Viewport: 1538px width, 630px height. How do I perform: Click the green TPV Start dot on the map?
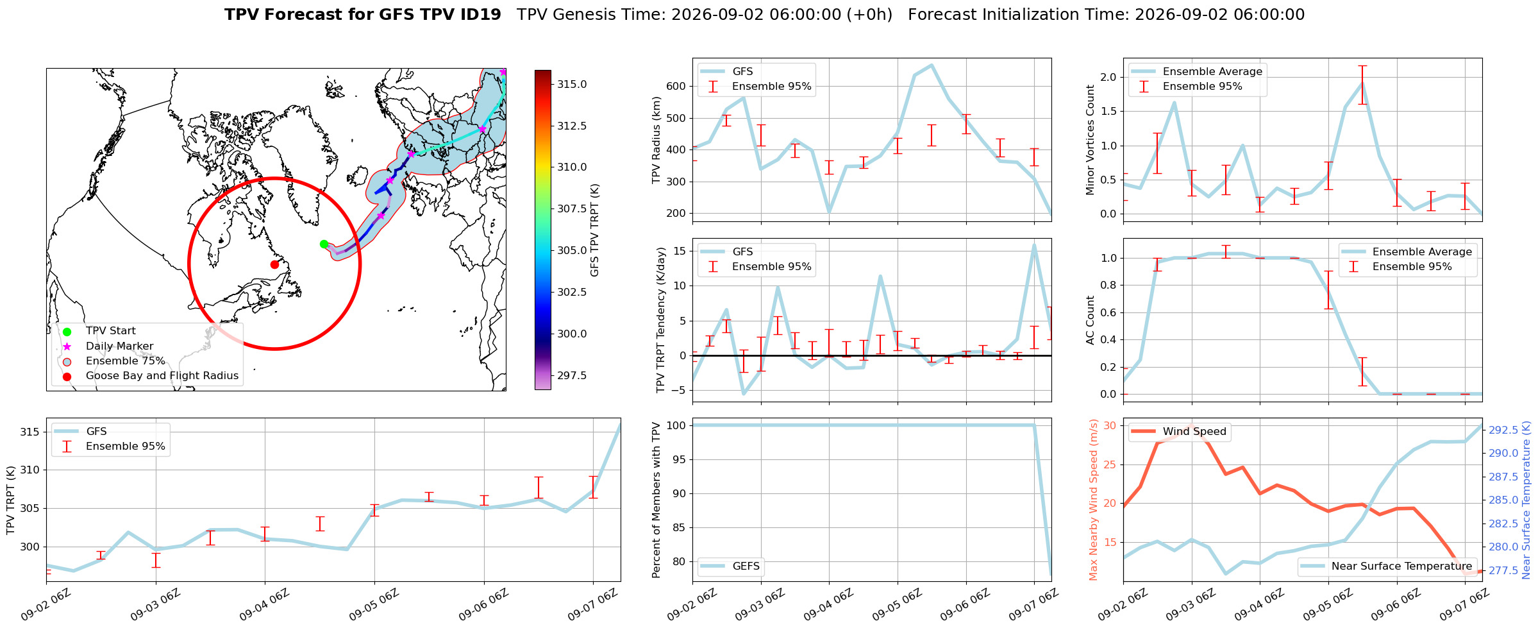(324, 244)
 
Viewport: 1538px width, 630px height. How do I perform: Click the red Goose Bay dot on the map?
(274, 264)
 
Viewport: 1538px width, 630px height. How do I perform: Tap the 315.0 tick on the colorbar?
(572, 84)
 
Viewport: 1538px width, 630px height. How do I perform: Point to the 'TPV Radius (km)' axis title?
(656, 140)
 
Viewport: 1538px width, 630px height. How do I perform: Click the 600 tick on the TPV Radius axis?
(676, 86)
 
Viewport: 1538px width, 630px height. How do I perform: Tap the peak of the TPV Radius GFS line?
(932, 65)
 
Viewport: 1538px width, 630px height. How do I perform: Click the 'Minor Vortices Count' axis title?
(1090, 140)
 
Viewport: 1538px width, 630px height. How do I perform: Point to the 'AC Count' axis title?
(1090, 320)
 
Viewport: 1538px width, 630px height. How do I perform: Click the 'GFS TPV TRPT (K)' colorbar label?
(594, 230)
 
